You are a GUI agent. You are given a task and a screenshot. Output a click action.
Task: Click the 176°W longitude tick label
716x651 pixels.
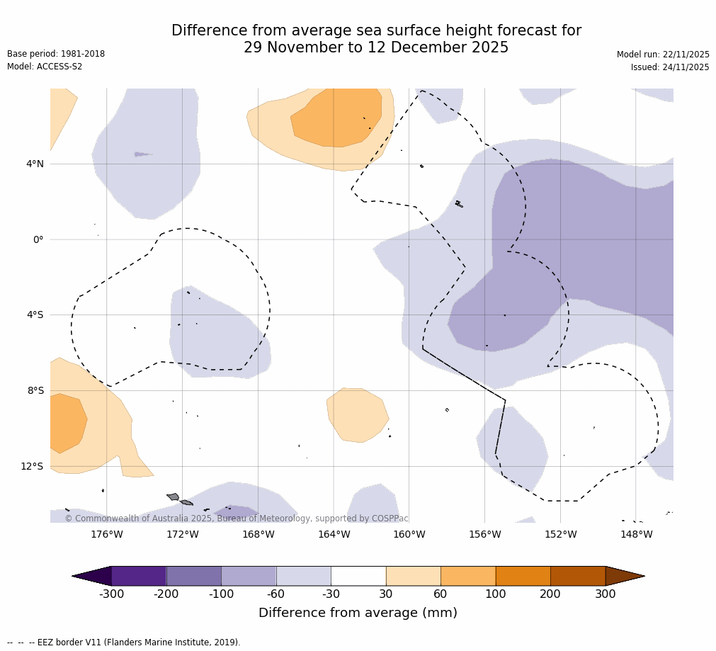tap(107, 534)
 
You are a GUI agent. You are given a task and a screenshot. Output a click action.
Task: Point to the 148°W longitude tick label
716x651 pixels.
tap(636, 534)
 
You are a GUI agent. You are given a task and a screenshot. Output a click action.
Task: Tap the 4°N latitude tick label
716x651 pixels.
tap(35, 164)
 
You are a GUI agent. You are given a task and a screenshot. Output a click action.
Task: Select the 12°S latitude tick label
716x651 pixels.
tap(32, 466)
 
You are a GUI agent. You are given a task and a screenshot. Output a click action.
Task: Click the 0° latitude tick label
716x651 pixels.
tap(38, 240)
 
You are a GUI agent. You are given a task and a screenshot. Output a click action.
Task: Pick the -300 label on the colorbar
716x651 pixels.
tap(111, 594)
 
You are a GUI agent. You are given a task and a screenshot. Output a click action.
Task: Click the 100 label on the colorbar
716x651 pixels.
tap(495, 594)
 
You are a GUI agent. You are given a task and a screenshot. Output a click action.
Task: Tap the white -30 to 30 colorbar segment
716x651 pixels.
tap(358, 576)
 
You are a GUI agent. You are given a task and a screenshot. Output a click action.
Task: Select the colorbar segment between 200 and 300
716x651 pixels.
tap(578, 576)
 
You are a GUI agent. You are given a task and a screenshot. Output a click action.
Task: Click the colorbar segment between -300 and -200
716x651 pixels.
tap(139, 576)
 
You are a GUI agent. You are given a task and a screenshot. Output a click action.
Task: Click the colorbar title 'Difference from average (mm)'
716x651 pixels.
tap(358, 613)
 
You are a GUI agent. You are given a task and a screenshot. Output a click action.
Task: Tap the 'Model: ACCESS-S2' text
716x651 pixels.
tap(45, 67)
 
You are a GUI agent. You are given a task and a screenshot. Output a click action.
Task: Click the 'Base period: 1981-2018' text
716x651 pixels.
tap(56, 54)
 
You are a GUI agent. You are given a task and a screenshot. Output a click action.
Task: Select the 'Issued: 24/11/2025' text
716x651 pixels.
tap(670, 67)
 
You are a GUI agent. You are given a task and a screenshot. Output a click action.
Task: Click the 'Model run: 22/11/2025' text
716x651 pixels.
tap(663, 55)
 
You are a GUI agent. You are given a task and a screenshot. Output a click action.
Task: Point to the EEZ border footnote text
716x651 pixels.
tap(124, 642)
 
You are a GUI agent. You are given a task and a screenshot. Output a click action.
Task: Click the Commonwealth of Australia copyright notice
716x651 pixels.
tap(237, 519)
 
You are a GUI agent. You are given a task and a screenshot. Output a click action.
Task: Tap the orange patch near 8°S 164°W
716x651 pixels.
tap(358, 414)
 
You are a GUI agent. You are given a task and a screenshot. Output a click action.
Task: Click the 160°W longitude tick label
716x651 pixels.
tap(409, 534)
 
